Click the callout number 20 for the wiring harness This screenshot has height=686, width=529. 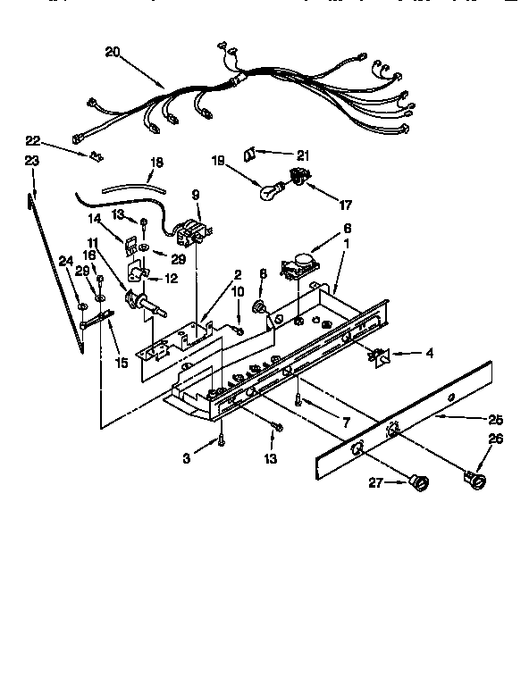[x=112, y=53]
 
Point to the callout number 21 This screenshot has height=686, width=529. [x=303, y=155]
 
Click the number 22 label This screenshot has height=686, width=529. [x=32, y=141]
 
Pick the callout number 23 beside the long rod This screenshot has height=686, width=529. [x=32, y=161]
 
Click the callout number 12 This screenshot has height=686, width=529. [x=171, y=279]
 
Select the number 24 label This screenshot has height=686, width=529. [x=64, y=261]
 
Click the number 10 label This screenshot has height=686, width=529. [x=238, y=291]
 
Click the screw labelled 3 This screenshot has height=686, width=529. [x=219, y=439]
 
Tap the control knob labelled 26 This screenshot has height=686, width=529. [x=473, y=483]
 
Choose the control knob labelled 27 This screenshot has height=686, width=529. [x=417, y=485]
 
